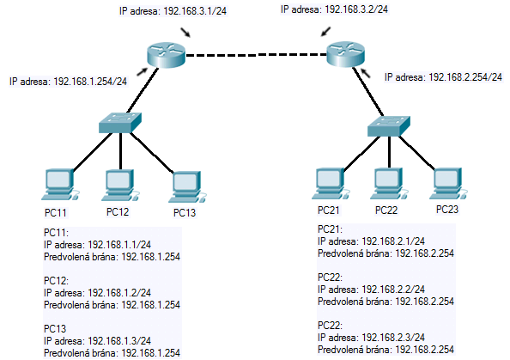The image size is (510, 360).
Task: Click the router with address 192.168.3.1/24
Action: click(x=166, y=55)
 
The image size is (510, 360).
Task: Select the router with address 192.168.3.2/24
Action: click(x=345, y=54)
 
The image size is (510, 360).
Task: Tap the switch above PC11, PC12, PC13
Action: click(x=120, y=123)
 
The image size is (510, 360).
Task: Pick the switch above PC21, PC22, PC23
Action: click(x=389, y=126)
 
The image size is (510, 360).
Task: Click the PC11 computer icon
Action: click(x=60, y=185)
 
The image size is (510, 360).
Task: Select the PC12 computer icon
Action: click(x=120, y=185)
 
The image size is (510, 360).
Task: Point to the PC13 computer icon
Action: click(x=187, y=187)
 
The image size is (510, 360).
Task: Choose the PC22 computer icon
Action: click(x=389, y=184)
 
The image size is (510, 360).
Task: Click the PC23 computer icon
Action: click(x=448, y=184)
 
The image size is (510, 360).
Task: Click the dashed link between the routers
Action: click(x=256, y=55)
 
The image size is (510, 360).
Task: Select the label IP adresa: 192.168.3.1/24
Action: click(x=173, y=11)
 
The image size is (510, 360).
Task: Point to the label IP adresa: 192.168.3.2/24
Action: click(x=334, y=9)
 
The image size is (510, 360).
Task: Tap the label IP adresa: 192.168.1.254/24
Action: click(x=68, y=82)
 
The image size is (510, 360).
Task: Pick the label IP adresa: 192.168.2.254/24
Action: click(x=443, y=77)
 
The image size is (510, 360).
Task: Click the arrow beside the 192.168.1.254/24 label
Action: click(x=143, y=72)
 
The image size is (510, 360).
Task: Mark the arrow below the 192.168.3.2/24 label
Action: click(x=326, y=32)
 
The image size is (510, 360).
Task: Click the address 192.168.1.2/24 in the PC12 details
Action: click(x=119, y=293)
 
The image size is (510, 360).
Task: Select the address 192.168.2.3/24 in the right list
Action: click(x=393, y=337)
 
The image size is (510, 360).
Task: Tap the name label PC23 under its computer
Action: click(x=447, y=210)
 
